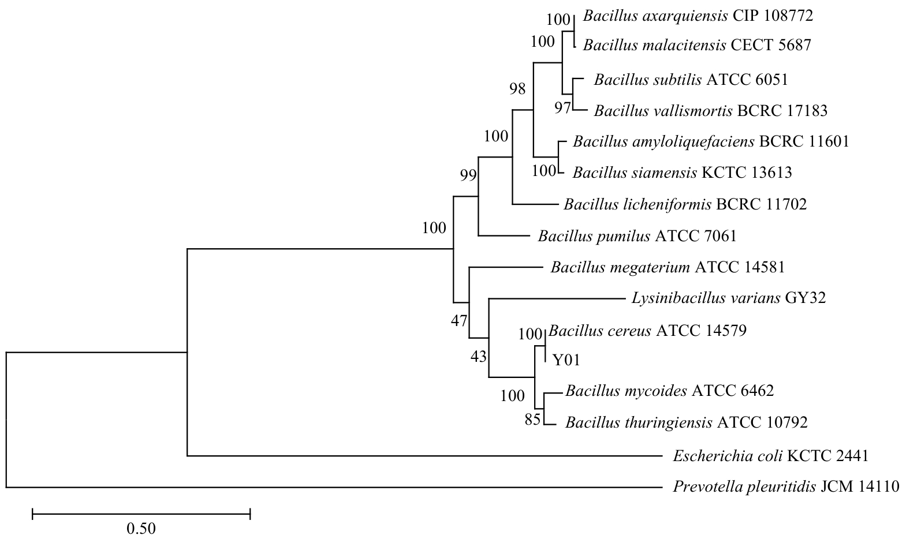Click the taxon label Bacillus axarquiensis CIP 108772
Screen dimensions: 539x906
coord(698,16)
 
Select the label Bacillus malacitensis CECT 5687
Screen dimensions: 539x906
coord(697,45)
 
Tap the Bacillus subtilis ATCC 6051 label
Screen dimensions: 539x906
coord(691,80)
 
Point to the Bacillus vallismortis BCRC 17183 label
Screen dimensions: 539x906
coord(710,110)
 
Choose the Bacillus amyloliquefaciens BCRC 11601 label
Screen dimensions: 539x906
coord(711,141)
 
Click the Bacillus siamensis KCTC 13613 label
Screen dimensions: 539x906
coord(682,173)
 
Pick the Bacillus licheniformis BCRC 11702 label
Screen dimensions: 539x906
coord(685,204)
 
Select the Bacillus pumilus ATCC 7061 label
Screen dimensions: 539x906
coord(637,235)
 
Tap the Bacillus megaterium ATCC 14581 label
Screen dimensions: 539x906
coord(668,267)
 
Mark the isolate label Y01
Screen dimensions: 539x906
coord(566,361)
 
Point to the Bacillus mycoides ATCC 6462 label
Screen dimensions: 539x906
coord(669,391)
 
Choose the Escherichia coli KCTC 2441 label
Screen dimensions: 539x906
coord(770,456)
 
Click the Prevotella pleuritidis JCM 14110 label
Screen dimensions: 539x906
coord(786,487)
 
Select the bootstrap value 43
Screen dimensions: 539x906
coord(479,357)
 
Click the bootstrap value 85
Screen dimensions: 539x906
coord(532,420)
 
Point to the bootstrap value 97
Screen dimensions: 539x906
coord(562,107)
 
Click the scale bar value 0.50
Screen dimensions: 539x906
coord(141,528)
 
